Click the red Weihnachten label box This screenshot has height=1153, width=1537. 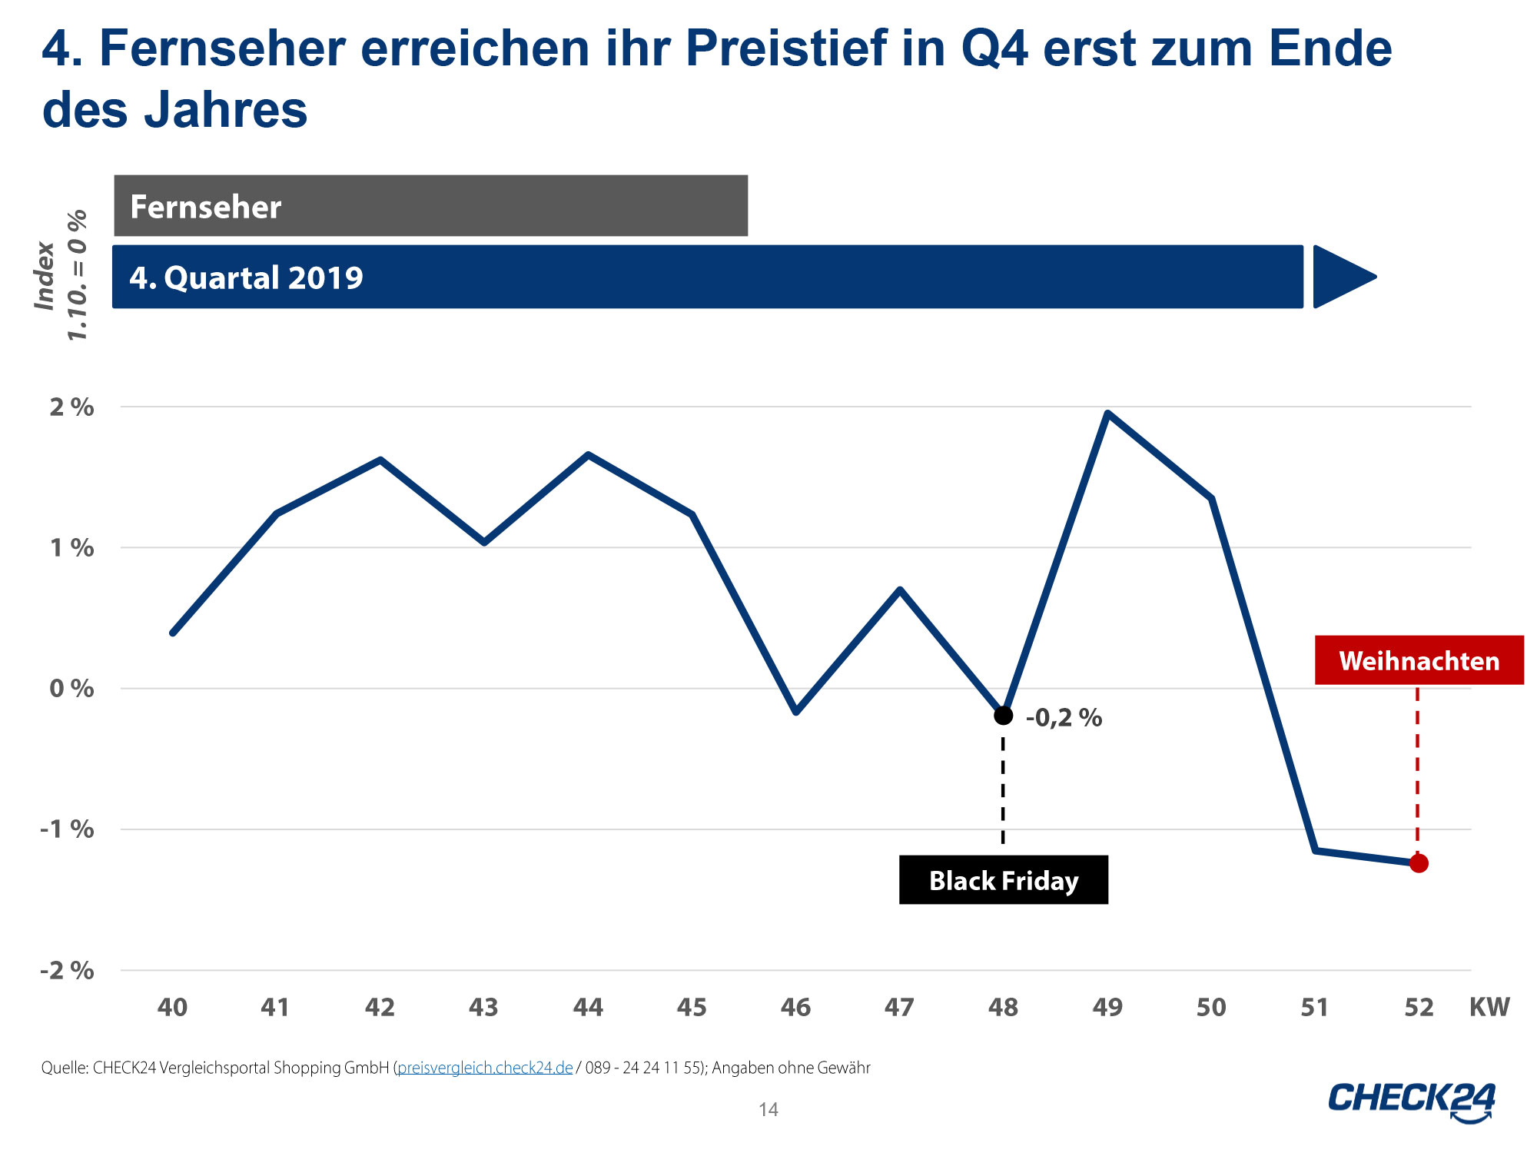pyautogui.click(x=1419, y=660)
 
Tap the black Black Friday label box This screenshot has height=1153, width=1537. pyautogui.click(x=1003, y=880)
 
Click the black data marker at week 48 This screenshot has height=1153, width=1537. pyautogui.click(x=1003, y=715)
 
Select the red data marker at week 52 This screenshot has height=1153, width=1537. pyautogui.click(x=1419, y=863)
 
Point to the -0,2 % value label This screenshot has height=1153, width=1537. pyautogui.click(x=1064, y=717)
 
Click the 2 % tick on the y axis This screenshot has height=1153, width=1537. pyautogui.click(x=71, y=407)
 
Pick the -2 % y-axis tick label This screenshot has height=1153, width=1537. pyautogui.click(x=68, y=970)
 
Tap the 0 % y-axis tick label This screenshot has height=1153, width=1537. pyautogui.click(x=71, y=688)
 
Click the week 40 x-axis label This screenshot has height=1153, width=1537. pyautogui.click(x=172, y=1007)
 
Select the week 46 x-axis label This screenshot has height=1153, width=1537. pyautogui.click(x=795, y=1007)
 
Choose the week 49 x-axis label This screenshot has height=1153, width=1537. pyautogui.click(x=1107, y=1007)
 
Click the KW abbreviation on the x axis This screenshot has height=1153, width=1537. pyautogui.click(x=1489, y=1007)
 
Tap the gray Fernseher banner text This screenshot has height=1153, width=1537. pyautogui.click(x=206, y=207)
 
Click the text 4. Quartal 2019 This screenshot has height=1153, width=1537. pyautogui.click(x=246, y=277)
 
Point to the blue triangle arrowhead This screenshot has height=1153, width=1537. pyautogui.click(x=1341, y=277)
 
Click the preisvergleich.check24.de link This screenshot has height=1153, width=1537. pyautogui.click(x=485, y=1068)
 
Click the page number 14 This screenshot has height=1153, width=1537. pyautogui.click(x=768, y=1109)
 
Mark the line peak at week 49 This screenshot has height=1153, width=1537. pyautogui.click(x=1107, y=414)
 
